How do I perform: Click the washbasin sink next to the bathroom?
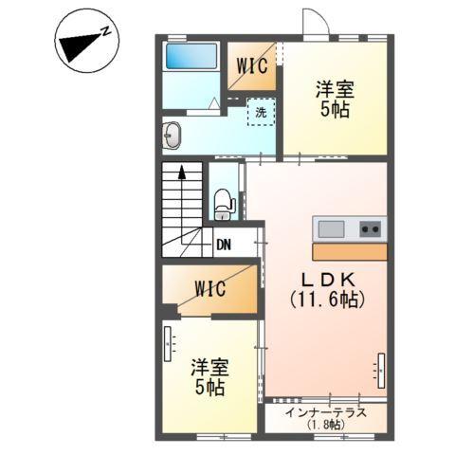pos(173,135)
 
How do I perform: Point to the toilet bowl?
pos(224,202)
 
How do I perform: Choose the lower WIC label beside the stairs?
pos(210,287)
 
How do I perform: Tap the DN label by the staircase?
pos(224,245)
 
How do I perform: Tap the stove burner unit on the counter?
pos(371,228)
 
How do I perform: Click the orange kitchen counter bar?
pos(349,252)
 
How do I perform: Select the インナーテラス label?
pos(325,412)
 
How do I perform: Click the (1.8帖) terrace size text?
pos(325,426)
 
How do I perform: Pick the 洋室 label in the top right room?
pos(335,90)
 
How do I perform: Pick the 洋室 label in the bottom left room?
pos(209,367)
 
